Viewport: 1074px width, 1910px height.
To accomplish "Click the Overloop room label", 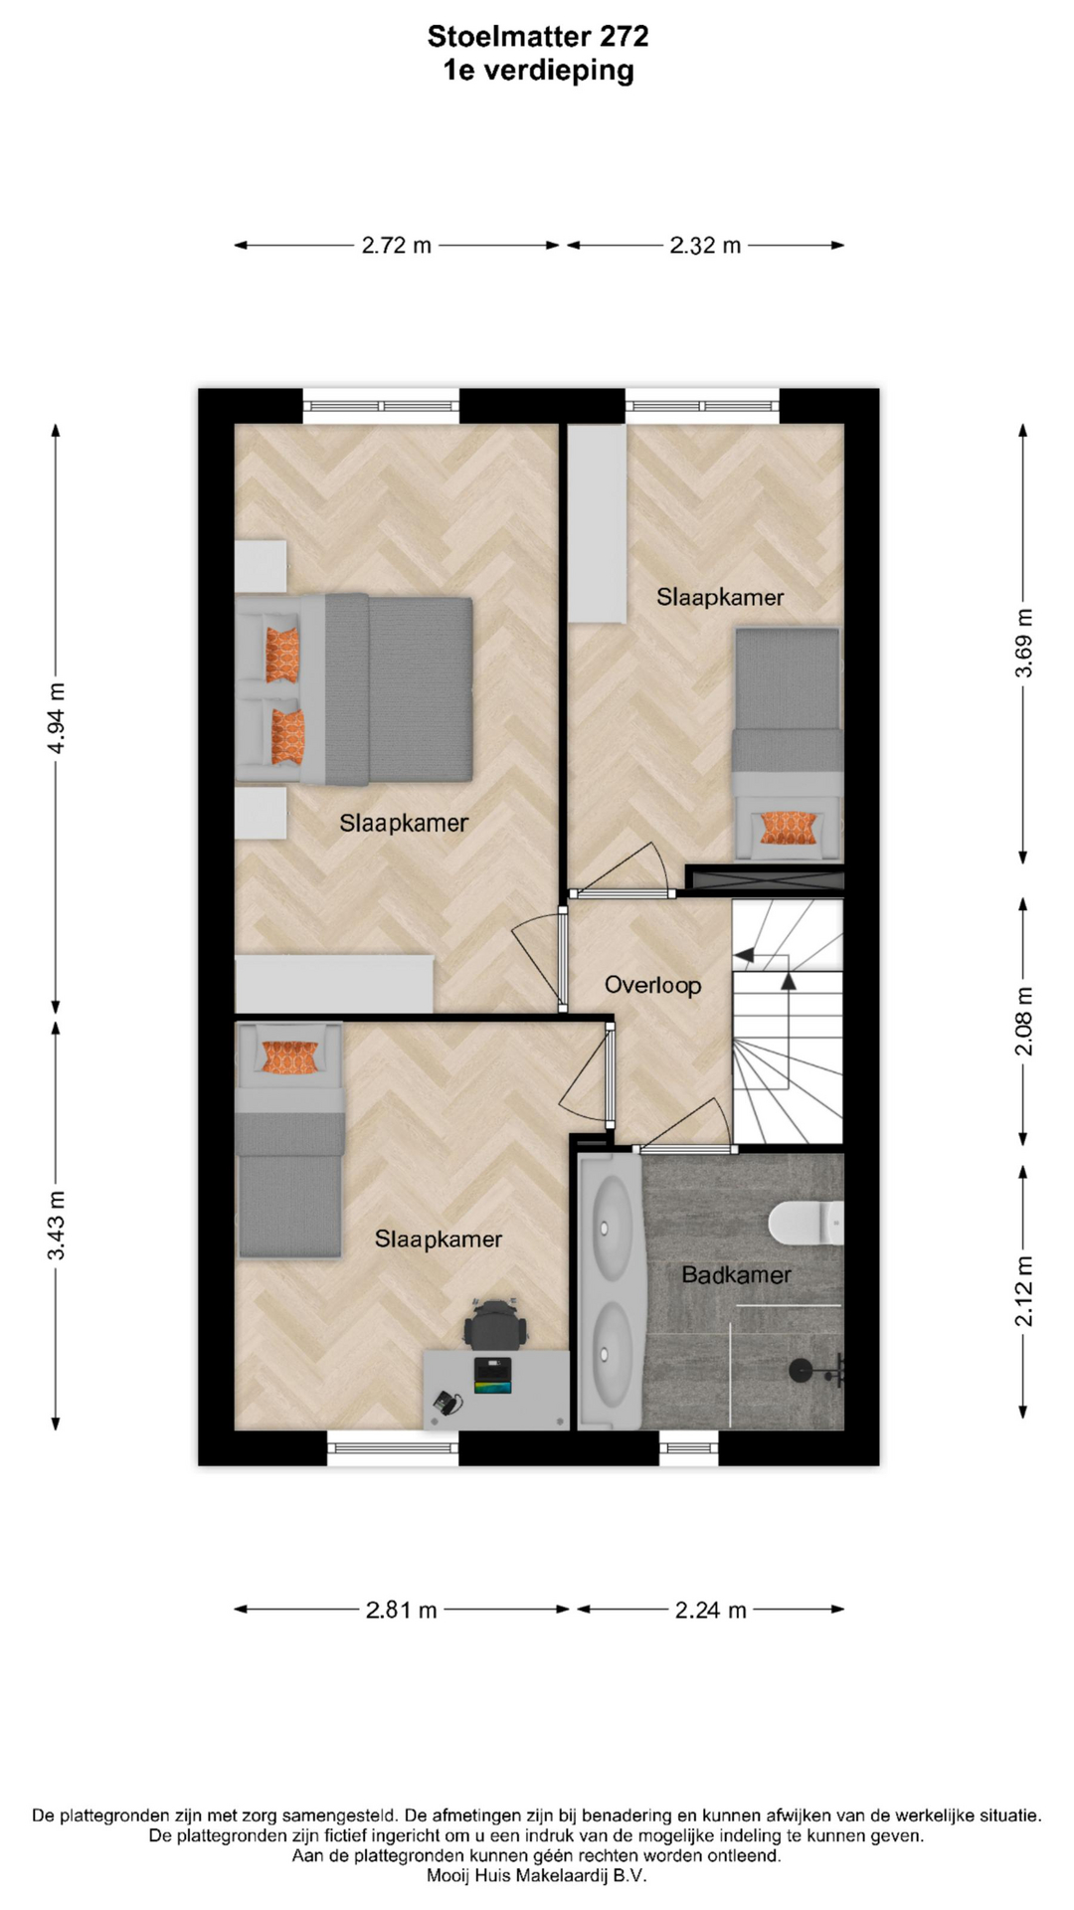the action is (653, 985).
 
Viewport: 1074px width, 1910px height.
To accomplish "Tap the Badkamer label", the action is (736, 1274).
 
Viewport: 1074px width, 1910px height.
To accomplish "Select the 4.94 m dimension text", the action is (57, 718).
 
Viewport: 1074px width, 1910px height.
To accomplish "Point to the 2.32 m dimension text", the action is (705, 246).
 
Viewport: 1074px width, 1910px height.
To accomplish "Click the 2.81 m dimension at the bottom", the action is (402, 1610).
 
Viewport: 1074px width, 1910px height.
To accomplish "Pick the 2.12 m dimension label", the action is (1024, 1291).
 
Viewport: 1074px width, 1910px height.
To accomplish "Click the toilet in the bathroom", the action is (805, 1223).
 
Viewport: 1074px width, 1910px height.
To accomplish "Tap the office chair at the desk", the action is (494, 1324).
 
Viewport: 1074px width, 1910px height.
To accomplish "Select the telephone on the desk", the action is (447, 1404).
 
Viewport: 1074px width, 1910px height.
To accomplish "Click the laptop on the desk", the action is (492, 1375).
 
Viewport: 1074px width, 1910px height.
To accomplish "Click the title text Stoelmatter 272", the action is (538, 37).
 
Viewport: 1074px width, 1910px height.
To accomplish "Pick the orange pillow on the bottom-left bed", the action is (290, 1057).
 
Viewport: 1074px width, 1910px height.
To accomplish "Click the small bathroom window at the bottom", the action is (688, 1447).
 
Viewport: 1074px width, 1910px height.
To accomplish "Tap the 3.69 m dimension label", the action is (1024, 644).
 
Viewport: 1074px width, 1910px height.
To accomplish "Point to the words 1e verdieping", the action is (538, 71).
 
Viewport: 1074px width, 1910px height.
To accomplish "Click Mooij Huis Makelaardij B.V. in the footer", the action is (537, 1875).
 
